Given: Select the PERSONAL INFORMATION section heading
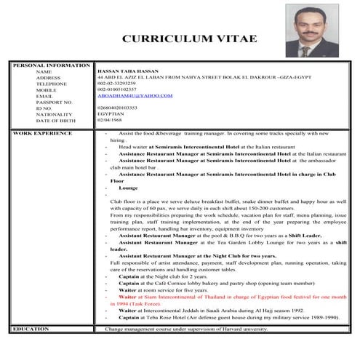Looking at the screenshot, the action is [x=50, y=65].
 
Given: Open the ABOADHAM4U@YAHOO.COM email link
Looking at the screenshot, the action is [x=135, y=95].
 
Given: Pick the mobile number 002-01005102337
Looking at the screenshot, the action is [x=121, y=89].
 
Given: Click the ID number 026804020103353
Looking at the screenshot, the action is [x=121, y=108].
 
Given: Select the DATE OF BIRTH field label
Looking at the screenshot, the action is [x=55, y=119].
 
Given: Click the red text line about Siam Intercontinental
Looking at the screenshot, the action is [x=233, y=297].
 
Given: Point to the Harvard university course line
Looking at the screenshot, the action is [x=186, y=329].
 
